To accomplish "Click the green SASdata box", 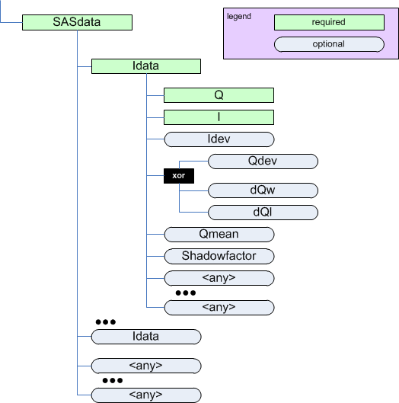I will (78, 23).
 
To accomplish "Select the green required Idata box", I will (145, 66).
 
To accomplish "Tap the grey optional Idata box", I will (145, 336).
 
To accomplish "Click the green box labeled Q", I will (219, 95).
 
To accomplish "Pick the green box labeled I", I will (219, 117).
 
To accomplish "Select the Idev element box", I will (219, 139).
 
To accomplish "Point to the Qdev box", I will (262, 162).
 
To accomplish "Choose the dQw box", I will (262, 190).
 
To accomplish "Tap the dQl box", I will (262, 213).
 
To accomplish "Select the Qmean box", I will (219, 235).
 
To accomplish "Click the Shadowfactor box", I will (219, 256).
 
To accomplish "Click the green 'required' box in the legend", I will (329, 23).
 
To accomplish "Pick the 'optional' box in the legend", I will (329, 44).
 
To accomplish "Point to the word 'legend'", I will (239, 16).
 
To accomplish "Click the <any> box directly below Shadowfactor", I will (219, 278).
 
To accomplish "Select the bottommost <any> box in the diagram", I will (145, 395).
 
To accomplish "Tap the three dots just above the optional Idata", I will (105, 322).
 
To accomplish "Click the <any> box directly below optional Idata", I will (145, 366).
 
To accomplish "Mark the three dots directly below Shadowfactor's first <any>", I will (185, 293).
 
